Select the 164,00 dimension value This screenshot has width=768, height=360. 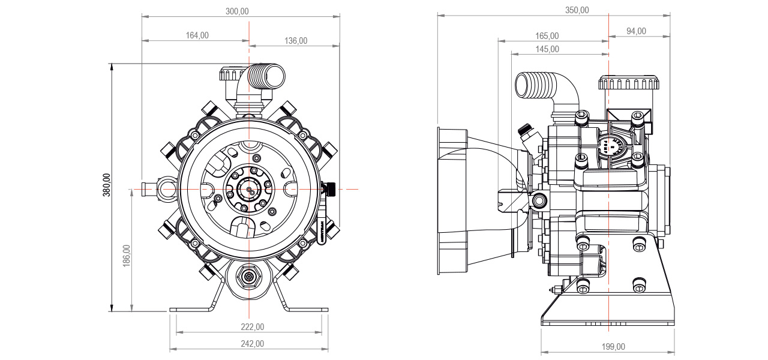coord(196,36)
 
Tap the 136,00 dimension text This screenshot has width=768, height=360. coord(295,41)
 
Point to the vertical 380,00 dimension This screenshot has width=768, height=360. coord(107,186)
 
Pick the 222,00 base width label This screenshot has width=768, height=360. coord(252,327)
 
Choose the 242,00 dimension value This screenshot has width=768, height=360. coord(252,344)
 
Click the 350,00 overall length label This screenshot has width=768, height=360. coord(577,11)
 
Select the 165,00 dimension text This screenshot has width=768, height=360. coord(547,37)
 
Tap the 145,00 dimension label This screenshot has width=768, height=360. coord(547,49)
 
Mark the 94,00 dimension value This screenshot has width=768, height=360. coord(636,31)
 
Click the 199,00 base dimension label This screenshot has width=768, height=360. coord(613,347)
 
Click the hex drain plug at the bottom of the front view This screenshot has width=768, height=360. coord(248,277)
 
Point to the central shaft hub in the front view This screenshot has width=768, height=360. coord(247,189)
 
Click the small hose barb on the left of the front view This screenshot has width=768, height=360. coord(146,189)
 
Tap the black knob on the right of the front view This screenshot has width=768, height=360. coord(329,190)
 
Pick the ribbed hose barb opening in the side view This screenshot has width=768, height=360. coord(527,85)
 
